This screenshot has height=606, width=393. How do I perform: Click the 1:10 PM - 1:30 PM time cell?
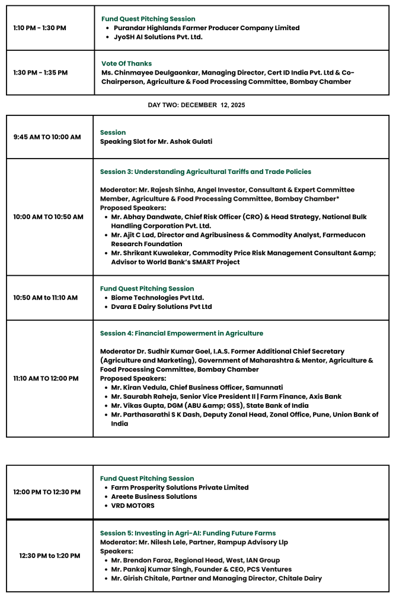tap(40, 28)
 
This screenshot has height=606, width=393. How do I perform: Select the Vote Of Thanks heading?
tap(126, 63)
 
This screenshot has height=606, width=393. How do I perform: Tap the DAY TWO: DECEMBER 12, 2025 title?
tap(196, 105)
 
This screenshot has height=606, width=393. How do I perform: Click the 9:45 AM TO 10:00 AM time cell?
tap(47, 137)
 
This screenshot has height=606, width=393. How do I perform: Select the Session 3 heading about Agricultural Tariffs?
tap(205, 172)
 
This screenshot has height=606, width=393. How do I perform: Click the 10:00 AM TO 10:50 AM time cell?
tap(48, 217)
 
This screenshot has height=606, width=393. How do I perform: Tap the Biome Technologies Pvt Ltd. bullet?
tap(158, 298)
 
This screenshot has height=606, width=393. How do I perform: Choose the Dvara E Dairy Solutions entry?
tap(161, 307)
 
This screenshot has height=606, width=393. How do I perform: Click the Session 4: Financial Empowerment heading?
tap(181, 333)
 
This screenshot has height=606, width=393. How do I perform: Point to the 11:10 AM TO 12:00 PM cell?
tap(46, 378)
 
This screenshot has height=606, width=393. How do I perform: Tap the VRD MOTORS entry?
tap(133, 505)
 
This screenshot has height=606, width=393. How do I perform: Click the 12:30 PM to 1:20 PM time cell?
tap(50, 556)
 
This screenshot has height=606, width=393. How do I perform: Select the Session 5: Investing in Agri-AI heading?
tap(187, 533)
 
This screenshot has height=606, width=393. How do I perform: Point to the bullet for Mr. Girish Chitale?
tap(216, 578)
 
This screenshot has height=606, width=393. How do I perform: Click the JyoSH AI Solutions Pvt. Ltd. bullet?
tap(158, 37)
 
